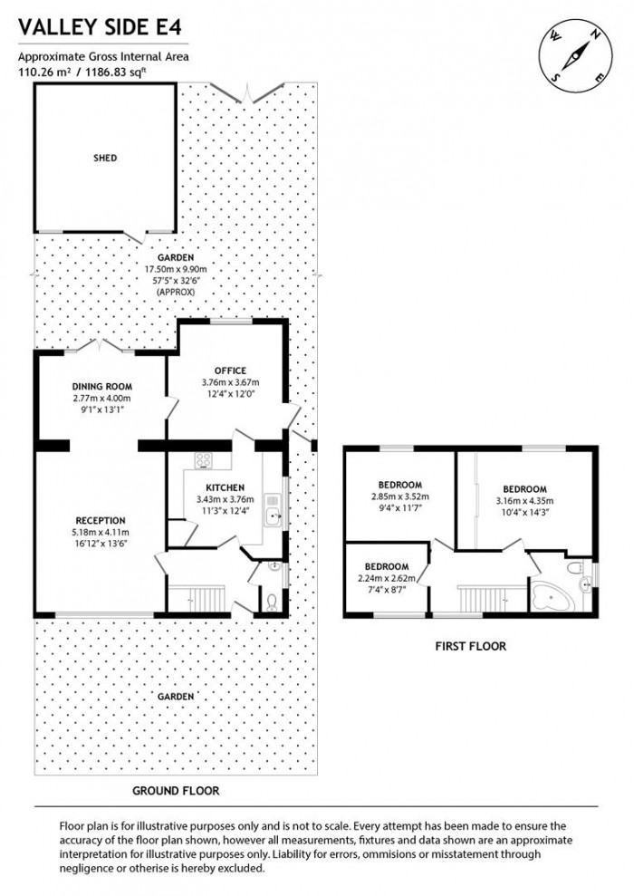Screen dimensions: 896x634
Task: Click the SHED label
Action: click(105, 158)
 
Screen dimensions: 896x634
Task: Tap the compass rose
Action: click(573, 53)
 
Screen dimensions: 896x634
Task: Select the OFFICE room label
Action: click(230, 370)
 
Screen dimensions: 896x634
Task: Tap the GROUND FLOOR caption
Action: click(176, 790)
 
